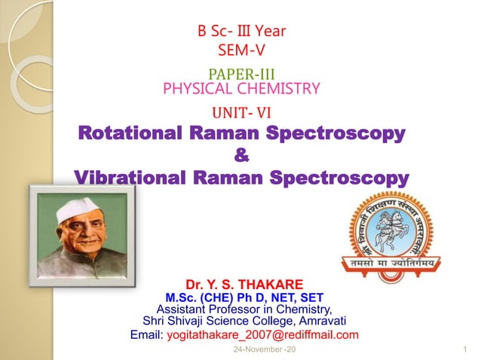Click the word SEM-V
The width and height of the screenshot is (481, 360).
[241, 51]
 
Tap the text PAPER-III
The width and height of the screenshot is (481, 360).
[240, 75]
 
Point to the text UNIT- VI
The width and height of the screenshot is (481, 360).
[242, 113]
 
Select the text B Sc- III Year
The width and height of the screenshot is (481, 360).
[241, 32]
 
